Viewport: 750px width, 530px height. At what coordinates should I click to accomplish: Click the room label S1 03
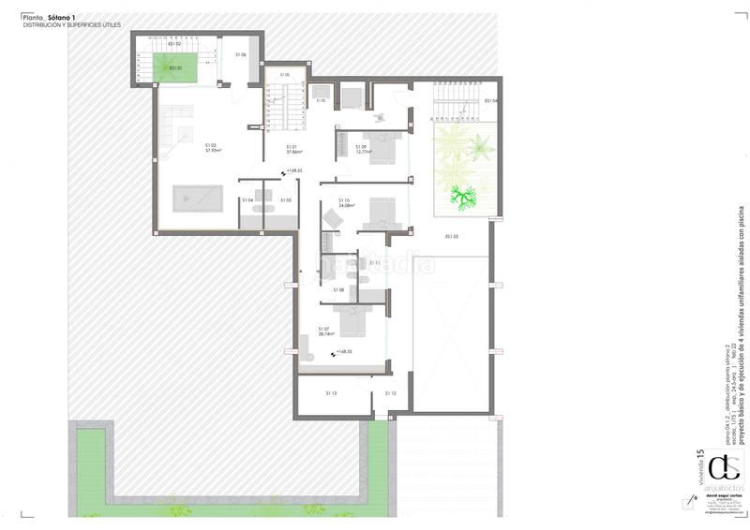[x=211, y=144]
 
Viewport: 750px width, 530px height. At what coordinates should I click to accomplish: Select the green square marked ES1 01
[x=175, y=67]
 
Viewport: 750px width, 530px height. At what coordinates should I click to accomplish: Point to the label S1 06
[x=241, y=55]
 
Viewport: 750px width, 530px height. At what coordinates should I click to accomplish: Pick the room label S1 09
[x=362, y=146]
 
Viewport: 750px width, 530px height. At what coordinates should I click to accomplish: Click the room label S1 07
[x=323, y=328]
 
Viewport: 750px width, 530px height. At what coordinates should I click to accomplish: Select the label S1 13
[x=331, y=393]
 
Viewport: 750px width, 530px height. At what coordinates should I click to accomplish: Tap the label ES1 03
[x=451, y=236]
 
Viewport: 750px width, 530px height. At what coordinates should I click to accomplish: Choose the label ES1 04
[x=490, y=100]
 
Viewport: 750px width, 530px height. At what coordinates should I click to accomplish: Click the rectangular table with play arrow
[x=196, y=199]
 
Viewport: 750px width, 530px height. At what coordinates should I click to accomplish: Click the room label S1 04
[x=247, y=200]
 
